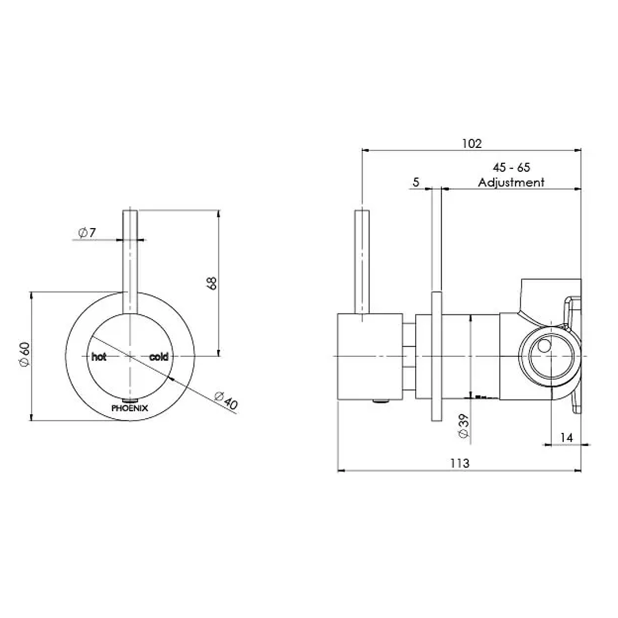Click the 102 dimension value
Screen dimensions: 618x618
click(472, 144)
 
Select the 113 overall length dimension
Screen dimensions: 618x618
click(460, 463)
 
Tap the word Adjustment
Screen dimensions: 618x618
click(511, 183)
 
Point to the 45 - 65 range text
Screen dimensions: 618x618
click(511, 168)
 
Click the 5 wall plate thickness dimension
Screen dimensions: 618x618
click(416, 183)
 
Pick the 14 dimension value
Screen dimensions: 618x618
click(566, 438)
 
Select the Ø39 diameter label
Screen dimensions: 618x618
click(464, 426)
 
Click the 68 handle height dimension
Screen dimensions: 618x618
click(212, 283)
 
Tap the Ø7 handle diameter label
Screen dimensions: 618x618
click(87, 232)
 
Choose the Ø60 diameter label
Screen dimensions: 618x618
click(25, 354)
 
